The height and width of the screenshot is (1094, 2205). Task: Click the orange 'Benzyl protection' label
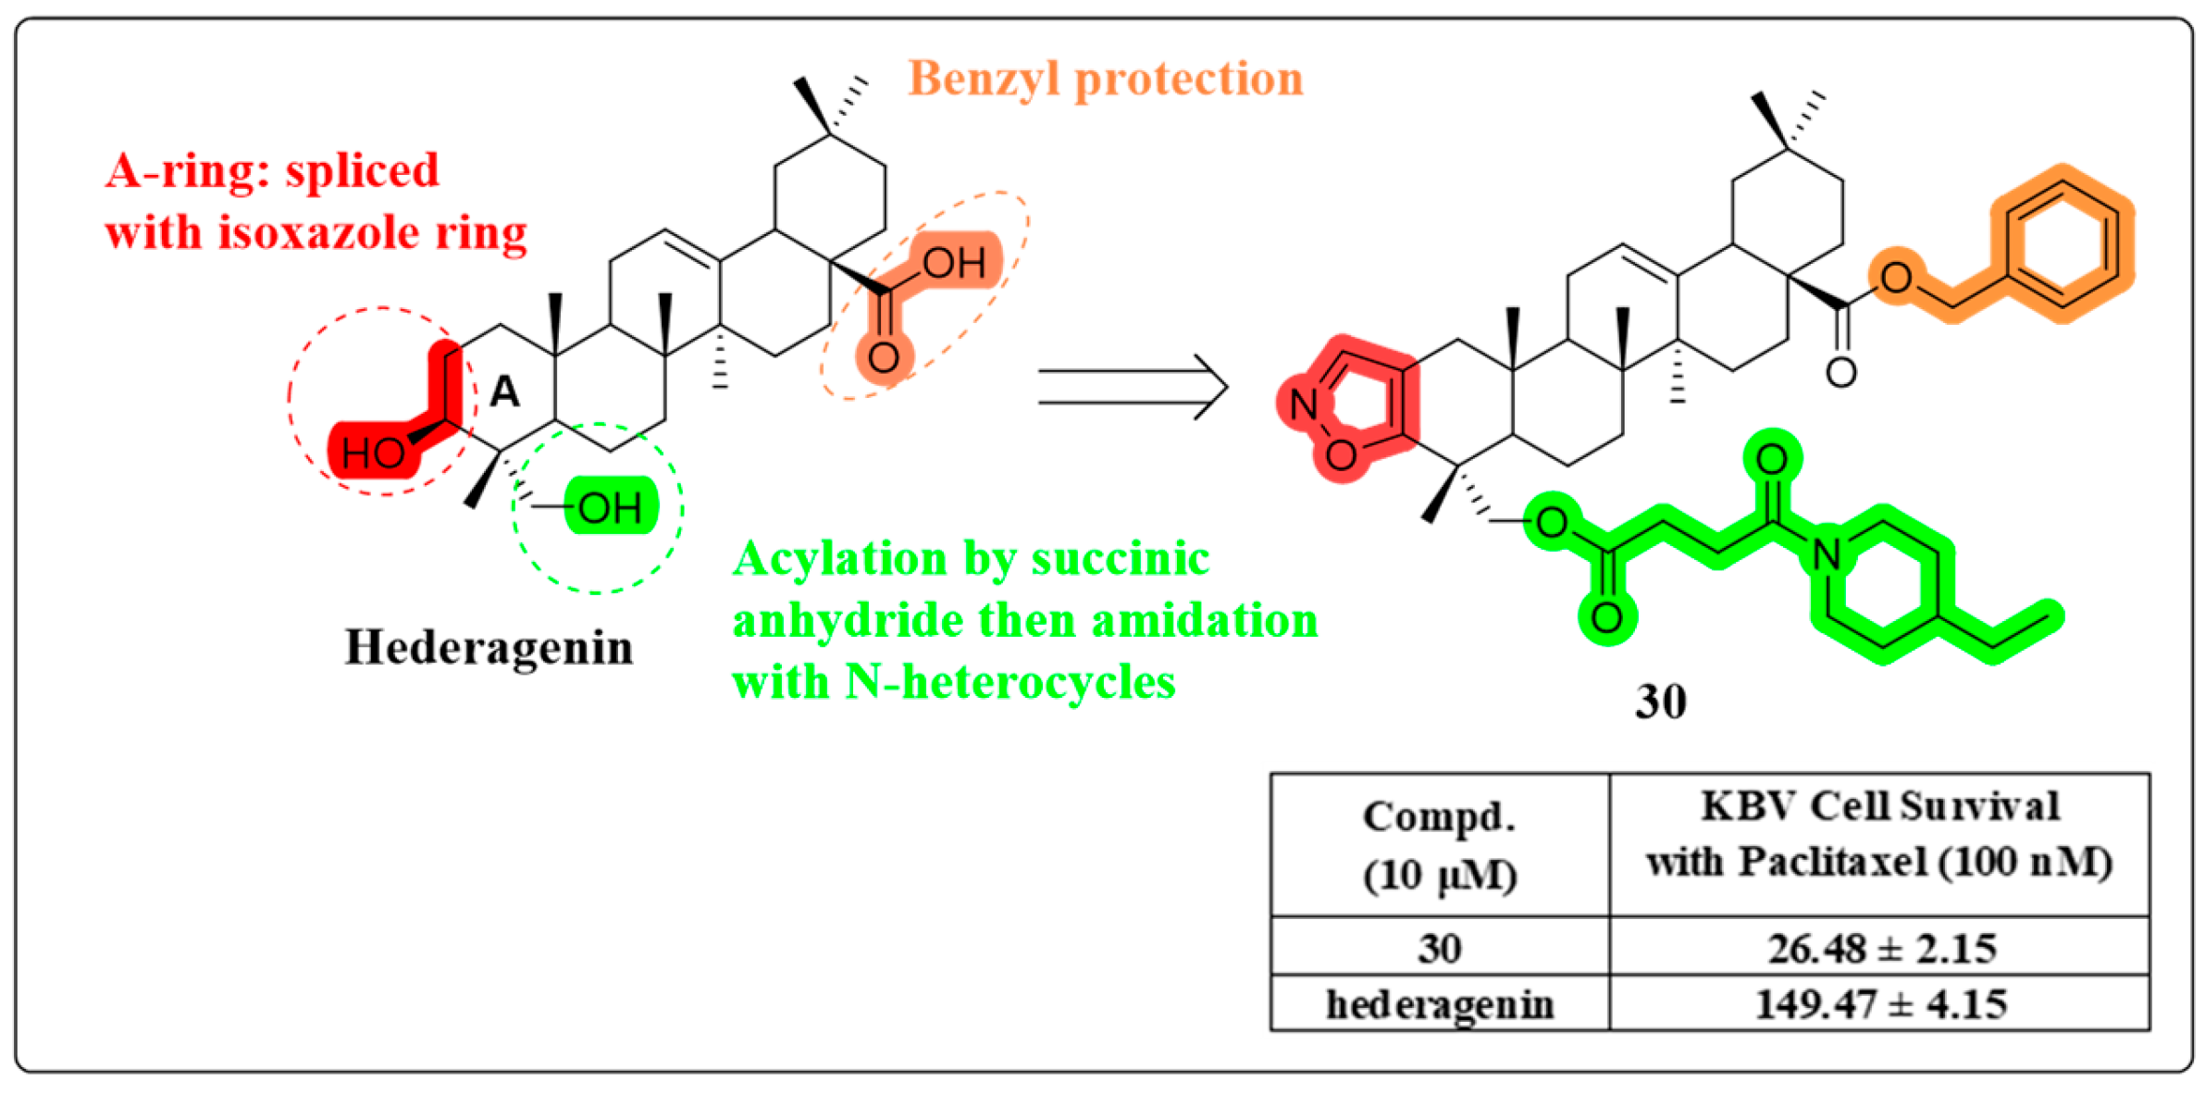(1105, 79)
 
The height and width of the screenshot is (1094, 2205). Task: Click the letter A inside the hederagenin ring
(504, 392)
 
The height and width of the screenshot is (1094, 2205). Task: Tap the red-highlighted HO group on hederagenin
(373, 453)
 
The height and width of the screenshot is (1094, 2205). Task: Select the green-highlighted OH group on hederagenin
(610, 507)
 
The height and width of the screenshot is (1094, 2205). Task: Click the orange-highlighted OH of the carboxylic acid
(954, 263)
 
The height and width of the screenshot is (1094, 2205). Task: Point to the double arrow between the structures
(1133, 387)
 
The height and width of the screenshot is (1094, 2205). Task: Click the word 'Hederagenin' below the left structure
(489, 647)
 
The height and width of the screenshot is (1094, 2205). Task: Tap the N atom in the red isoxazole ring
(1304, 404)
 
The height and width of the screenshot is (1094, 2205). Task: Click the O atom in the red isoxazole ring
(1341, 454)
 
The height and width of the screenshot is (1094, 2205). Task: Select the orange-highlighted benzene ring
(2062, 243)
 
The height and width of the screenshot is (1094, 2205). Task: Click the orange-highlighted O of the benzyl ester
(1896, 277)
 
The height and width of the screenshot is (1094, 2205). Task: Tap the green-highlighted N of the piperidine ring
(1826, 554)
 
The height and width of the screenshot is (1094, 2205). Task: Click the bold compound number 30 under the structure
(1661, 702)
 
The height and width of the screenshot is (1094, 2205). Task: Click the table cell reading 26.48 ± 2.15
(1880, 949)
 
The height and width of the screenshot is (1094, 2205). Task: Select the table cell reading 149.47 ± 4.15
(1880, 1004)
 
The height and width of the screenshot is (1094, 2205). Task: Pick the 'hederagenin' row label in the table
(1440, 1004)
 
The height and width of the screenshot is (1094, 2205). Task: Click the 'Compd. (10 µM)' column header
(1440, 845)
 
